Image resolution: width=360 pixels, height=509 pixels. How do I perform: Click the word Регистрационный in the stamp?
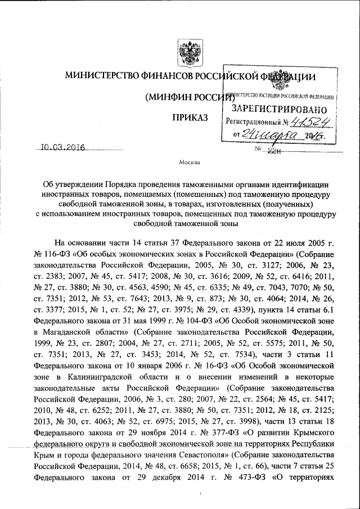click(x=254, y=121)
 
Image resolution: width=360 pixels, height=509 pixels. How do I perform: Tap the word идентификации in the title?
click(x=296, y=184)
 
